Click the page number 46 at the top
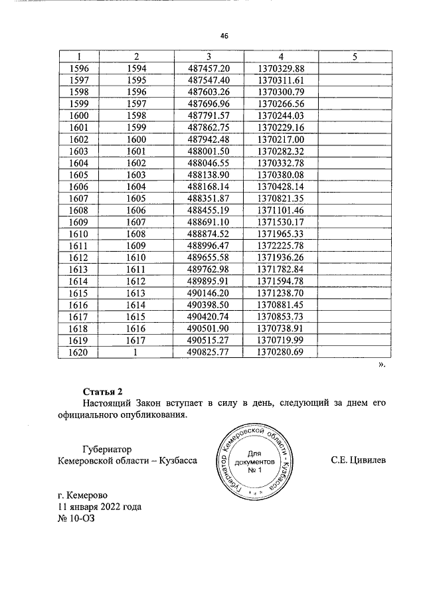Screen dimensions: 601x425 tap(224, 37)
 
